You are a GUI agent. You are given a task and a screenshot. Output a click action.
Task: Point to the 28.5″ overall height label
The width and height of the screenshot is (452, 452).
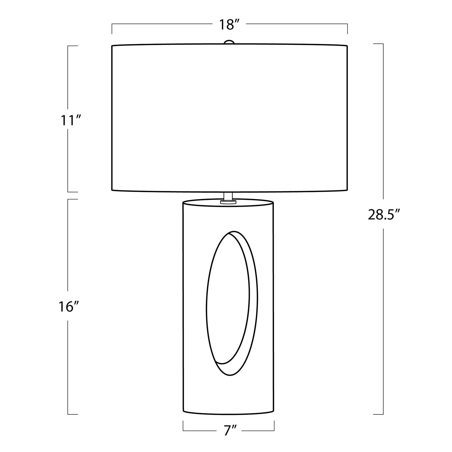coord(384,215)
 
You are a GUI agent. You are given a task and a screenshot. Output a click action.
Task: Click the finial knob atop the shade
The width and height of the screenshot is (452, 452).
coord(229,42)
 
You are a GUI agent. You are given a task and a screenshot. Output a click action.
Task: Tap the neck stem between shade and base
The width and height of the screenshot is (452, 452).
coord(228,196)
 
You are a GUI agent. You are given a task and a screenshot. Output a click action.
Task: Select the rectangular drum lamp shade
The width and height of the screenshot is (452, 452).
coord(229,118)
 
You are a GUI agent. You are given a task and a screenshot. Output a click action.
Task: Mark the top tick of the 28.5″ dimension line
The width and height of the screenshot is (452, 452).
coord(378,44)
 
